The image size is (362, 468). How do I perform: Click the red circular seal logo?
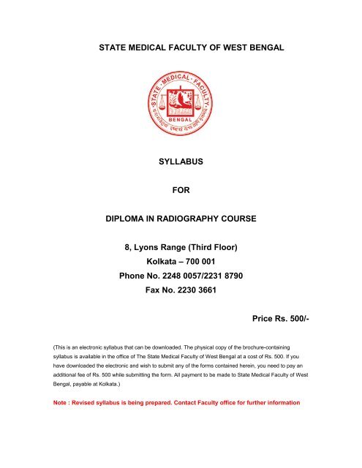(181, 102)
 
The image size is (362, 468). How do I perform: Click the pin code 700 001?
(196, 262)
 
